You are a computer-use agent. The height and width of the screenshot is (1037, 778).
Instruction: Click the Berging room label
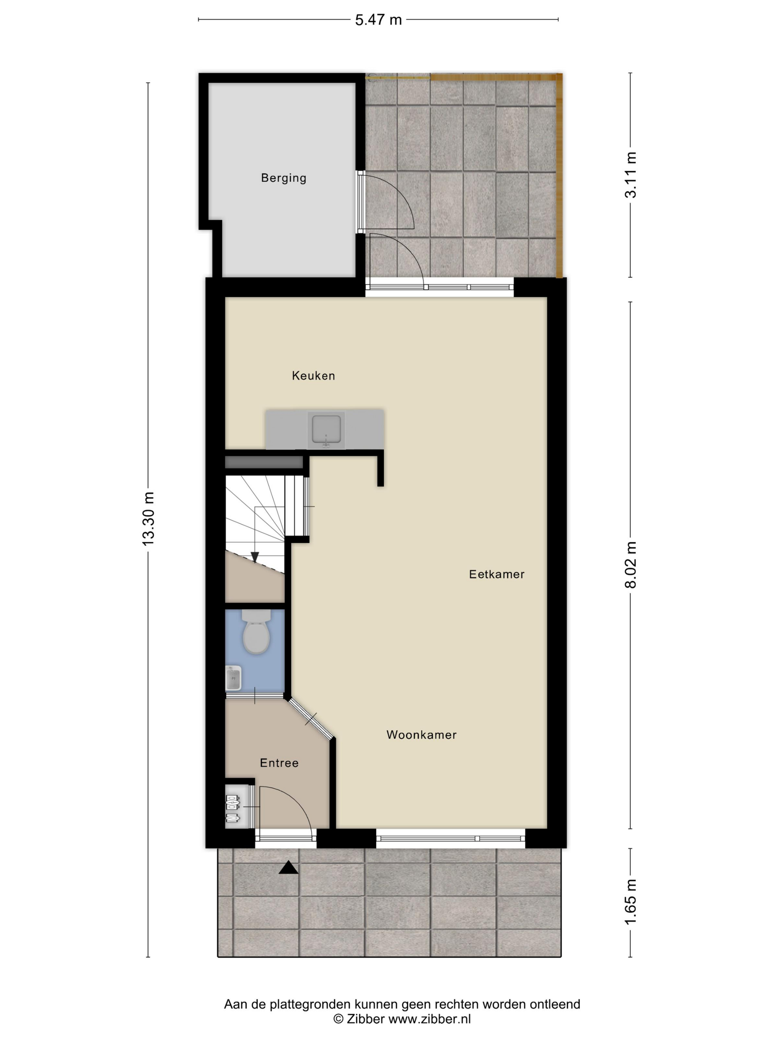[x=283, y=178]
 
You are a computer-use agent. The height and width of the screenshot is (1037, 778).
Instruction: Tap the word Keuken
[x=313, y=376]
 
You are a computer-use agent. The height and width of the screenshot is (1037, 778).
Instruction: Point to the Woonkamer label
[x=421, y=735]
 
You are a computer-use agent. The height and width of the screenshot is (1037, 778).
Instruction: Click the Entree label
[x=279, y=763]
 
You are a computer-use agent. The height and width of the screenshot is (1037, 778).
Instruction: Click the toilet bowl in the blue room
[x=256, y=631]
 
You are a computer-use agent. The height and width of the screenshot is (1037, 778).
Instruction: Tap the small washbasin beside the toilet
[x=233, y=678]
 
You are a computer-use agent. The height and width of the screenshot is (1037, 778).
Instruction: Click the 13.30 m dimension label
[x=148, y=519]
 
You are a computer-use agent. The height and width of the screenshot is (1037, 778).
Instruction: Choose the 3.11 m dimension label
[x=631, y=175]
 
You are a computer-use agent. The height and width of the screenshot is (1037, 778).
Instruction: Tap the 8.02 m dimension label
[x=631, y=565]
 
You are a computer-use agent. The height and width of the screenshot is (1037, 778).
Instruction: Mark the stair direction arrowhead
[x=255, y=557]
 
